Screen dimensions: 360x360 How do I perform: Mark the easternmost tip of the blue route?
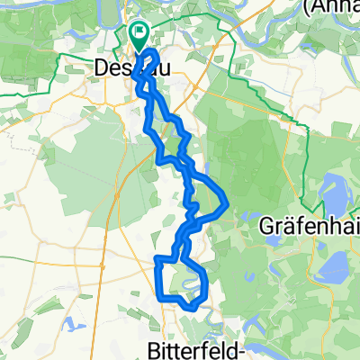click(x=226, y=199)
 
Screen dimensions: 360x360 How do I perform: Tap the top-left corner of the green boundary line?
click(x=60, y=57)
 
